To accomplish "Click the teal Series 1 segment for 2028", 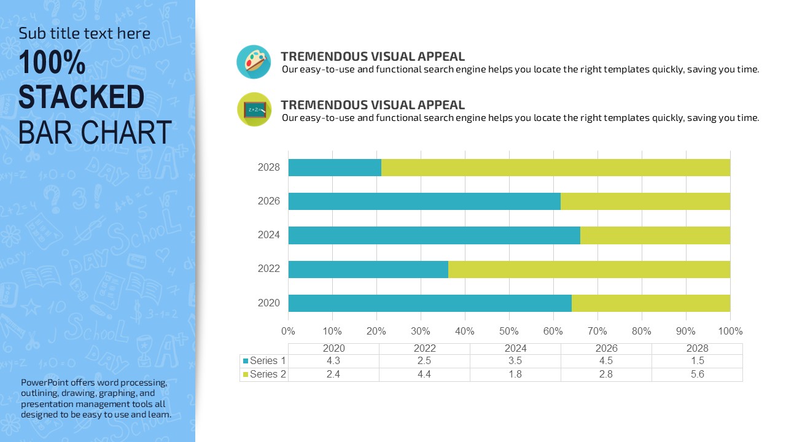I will (x=335, y=168).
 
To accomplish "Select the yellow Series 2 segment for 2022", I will (x=589, y=269).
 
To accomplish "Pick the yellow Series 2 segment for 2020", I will (x=651, y=303).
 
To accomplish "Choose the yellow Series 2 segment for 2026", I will (x=645, y=201).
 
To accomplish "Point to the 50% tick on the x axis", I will (x=509, y=331).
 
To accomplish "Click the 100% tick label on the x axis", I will (x=730, y=331).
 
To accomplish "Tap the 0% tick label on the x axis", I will (x=288, y=331).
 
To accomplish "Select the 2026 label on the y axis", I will (x=269, y=201).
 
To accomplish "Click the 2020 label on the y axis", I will (x=269, y=303).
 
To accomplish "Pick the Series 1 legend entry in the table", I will (x=264, y=361).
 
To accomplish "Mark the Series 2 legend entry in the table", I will (x=264, y=374).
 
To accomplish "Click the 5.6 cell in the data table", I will (x=697, y=374).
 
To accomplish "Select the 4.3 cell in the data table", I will (x=333, y=361).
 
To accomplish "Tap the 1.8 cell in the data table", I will (x=515, y=374).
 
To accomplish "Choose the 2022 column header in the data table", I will (x=424, y=348).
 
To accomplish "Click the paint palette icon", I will (x=254, y=62).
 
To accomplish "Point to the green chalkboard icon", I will (x=254, y=110).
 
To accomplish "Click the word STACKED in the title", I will (x=82, y=98).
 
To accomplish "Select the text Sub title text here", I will (x=84, y=33).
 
